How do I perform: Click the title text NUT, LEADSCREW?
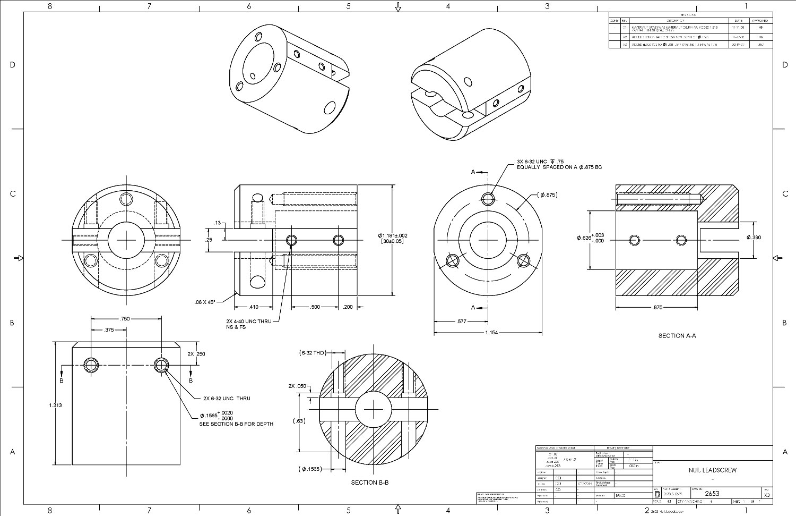(x=712, y=470)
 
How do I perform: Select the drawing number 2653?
(x=712, y=494)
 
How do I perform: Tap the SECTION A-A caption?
(x=677, y=336)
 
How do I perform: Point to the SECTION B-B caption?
(x=369, y=483)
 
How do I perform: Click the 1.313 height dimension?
(x=55, y=405)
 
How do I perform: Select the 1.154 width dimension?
(x=491, y=333)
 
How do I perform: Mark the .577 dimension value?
(x=461, y=322)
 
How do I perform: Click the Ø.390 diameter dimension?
(x=754, y=238)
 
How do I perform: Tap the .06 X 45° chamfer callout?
(x=205, y=302)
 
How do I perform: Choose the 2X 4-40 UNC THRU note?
(x=248, y=322)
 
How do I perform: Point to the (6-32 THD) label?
(x=313, y=353)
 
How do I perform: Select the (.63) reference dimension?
(x=299, y=421)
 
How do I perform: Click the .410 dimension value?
(x=254, y=307)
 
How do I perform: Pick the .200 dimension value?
(x=348, y=307)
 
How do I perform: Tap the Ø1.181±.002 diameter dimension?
(x=392, y=235)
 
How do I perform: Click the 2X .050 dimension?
(x=297, y=386)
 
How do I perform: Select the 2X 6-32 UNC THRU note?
(x=227, y=399)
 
